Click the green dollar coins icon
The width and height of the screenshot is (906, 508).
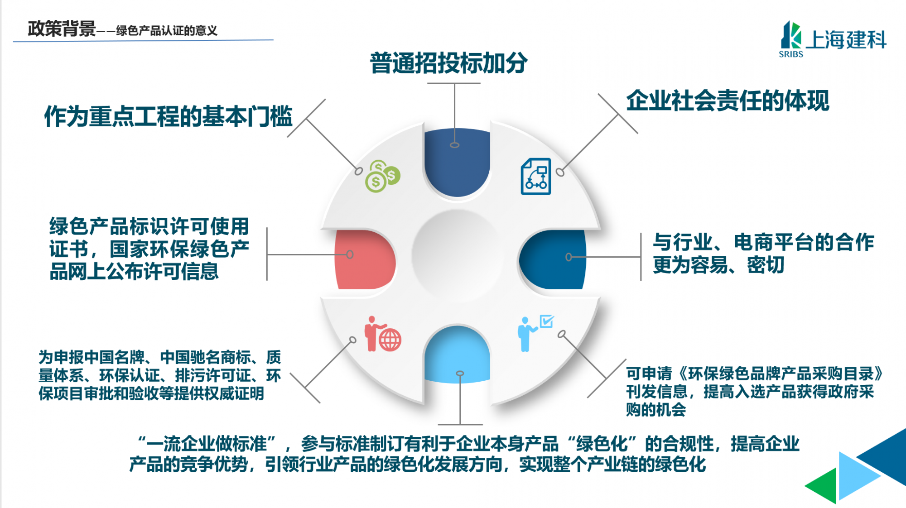(383, 176)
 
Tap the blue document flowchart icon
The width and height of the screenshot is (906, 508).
(536, 177)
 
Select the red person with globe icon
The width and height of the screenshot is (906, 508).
(383, 334)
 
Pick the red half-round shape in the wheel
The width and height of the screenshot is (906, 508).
(365, 259)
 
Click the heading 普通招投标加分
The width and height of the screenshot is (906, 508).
(448, 63)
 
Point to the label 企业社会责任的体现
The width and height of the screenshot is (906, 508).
(728, 101)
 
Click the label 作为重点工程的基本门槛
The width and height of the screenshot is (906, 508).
(169, 116)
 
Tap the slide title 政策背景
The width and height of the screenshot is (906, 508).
(62, 29)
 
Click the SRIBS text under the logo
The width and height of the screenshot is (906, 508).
(791, 54)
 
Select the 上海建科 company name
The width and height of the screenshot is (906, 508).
(846, 40)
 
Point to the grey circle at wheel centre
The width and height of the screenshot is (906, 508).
(458, 256)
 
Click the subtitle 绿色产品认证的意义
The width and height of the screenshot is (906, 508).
(167, 31)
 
